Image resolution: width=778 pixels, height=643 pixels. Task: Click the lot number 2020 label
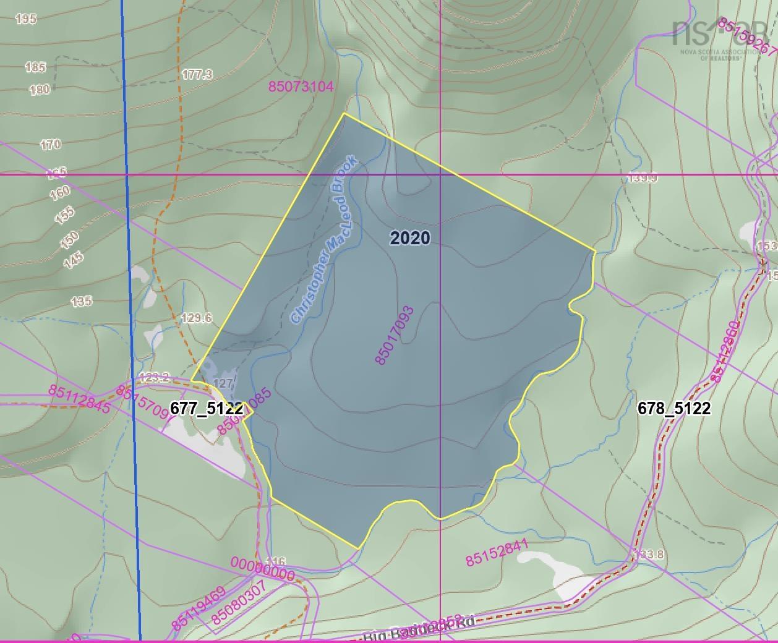click(x=410, y=238)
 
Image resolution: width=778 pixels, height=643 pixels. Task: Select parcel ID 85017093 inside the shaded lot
click(x=395, y=334)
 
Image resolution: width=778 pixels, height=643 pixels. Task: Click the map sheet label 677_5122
click(x=207, y=409)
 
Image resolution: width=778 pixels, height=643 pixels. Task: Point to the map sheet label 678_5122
click(x=673, y=408)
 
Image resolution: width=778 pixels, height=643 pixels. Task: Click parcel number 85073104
click(x=301, y=87)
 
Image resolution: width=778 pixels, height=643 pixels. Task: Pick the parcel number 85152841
click(x=496, y=553)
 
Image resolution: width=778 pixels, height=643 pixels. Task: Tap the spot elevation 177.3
click(x=197, y=75)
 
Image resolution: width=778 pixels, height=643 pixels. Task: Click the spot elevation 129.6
click(x=197, y=318)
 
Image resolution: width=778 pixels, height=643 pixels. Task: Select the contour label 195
click(x=25, y=19)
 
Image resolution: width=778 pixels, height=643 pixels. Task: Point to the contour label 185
click(x=36, y=67)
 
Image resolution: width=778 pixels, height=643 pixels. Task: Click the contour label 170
click(x=50, y=145)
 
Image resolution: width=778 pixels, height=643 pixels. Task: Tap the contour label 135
click(x=81, y=302)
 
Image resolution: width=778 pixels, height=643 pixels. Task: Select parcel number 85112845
click(x=79, y=399)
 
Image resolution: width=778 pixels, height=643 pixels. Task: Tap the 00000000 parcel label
click(x=262, y=569)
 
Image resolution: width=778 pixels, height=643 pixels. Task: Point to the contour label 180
click(x=39, y=90)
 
